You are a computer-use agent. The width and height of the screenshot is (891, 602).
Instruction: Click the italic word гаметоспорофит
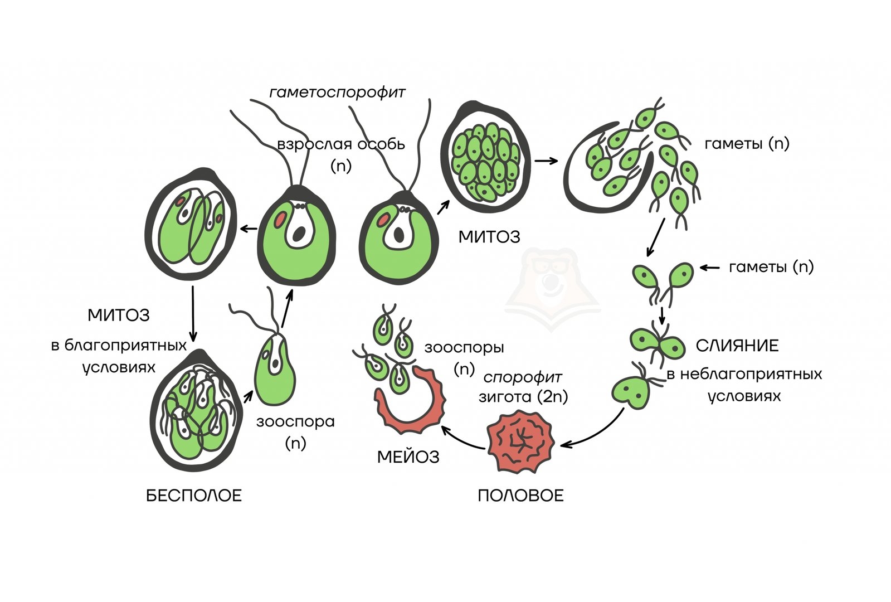[337, 93]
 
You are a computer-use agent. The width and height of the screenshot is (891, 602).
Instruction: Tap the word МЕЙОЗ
[408, 457]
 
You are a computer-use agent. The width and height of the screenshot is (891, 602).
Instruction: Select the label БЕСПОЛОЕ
[194, 496]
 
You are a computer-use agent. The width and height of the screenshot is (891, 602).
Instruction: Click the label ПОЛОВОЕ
[520, 496]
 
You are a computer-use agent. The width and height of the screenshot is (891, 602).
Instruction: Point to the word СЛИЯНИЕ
[737, 346]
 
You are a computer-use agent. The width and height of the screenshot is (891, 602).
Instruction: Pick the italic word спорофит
[522, 377]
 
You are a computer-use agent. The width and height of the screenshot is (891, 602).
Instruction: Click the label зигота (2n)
[523, 397]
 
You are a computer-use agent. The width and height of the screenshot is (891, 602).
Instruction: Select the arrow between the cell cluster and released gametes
[546, 161]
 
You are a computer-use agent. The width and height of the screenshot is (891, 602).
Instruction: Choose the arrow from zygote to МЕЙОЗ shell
[462, 438]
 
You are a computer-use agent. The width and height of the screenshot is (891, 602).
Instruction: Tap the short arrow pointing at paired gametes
[709, 268]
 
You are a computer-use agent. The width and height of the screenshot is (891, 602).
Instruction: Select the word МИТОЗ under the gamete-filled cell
[489, 237]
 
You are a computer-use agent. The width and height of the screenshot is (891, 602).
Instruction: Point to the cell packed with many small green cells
[485, 158]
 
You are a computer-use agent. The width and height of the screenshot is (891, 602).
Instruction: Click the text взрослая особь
[340, 144]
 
